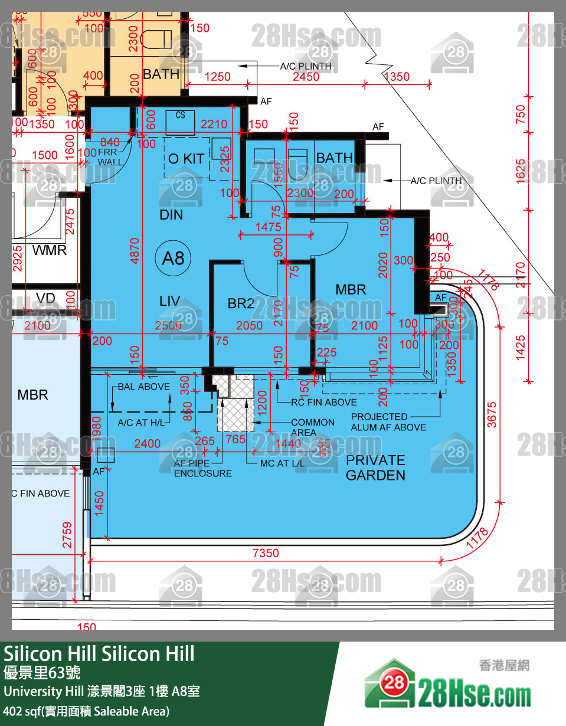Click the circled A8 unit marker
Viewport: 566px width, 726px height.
(x=174, y=258)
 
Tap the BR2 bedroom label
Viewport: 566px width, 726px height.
(x=241, y=303)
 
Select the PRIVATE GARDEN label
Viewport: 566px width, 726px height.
(x=375, y=468)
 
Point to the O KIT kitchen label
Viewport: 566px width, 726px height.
(x=186, y=159)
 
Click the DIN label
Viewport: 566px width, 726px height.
(x=171, y=215)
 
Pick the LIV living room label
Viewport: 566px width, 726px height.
(x=169, y=302)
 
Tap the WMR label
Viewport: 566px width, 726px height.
(x=50, y=250)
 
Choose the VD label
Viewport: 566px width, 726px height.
(x=45, y=298)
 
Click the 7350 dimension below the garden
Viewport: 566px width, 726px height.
(x=266, y=553)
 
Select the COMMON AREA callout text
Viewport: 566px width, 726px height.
(x=312, y=427)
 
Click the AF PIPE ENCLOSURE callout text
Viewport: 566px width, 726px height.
(x=202, y=469)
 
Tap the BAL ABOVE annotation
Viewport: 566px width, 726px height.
(x=143, y=387)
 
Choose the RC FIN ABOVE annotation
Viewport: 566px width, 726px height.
(x=324, y=402)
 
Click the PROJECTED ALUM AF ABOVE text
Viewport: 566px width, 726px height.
(x=388, y=422)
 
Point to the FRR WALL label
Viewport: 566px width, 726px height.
(x=110, y=157)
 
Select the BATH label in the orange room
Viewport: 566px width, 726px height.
(x=161, y=74)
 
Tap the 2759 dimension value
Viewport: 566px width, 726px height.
(x=67, y=535)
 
